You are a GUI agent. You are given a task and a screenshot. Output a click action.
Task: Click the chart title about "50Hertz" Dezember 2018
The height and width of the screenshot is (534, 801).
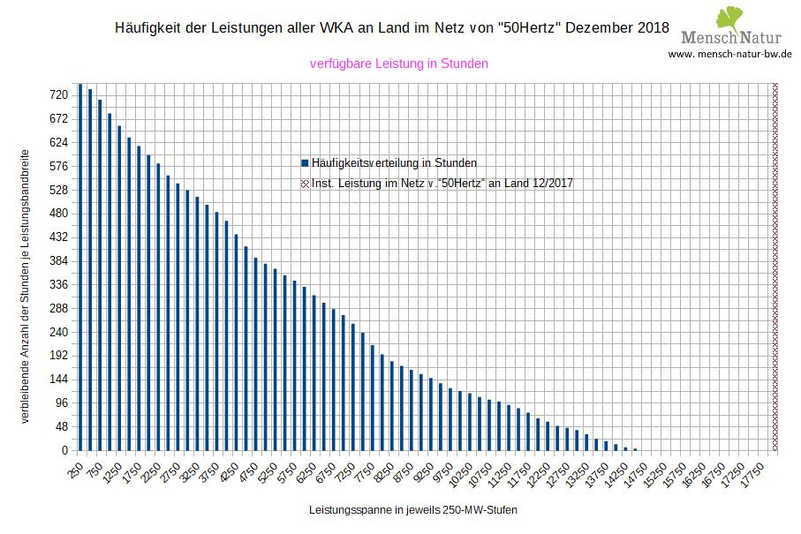(392, 28)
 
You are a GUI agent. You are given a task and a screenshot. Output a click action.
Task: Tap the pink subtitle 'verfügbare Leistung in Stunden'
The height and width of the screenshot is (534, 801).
(399, 64)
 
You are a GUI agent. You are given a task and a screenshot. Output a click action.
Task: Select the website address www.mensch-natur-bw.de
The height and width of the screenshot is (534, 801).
(729, 54)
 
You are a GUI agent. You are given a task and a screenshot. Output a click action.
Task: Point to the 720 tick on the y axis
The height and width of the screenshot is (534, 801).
(59, 95)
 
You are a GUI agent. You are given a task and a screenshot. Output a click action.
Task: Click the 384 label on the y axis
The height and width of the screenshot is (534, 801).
(59, 261)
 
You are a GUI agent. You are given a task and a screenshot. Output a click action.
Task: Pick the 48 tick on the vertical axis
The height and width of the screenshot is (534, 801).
(62, 427)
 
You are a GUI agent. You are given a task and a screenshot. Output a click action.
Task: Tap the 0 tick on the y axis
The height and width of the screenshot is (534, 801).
(64, 451)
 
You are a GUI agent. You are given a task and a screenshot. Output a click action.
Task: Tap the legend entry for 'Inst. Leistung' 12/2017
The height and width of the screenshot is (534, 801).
(442, 184)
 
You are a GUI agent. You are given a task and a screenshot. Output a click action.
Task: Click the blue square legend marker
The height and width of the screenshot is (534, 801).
(305, 163)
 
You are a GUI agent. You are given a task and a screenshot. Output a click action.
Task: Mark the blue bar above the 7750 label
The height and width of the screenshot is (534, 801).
(373, 397)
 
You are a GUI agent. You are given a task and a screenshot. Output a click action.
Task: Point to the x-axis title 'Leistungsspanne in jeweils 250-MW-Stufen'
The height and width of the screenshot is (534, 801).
(413, 511)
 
